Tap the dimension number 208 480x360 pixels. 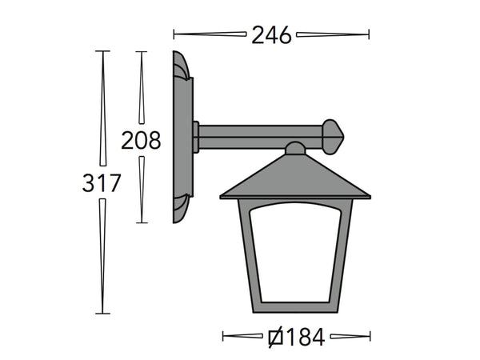[141, 140]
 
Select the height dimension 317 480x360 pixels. [102, 183]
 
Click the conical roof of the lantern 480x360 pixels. [295, 178]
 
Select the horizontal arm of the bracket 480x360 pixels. [260, 136]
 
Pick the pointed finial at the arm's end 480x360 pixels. [334, 136]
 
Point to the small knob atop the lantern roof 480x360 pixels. [295, 148]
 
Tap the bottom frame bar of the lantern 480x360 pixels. [295, 307]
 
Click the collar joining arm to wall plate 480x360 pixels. [196, 136]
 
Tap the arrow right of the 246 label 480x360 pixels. [333, 34]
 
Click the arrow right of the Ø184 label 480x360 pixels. [349, 337]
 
